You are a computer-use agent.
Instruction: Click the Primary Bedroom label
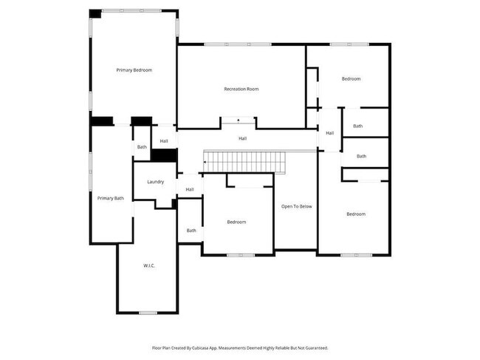(134, 70)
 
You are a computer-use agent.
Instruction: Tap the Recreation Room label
(241, 89)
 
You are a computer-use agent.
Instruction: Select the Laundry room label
(155, 182)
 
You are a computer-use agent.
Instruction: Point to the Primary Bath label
(111, 198)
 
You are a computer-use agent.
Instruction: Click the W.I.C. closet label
(148, 265)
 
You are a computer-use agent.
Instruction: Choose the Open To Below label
(297, 206)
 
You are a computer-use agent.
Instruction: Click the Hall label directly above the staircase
(242, 138)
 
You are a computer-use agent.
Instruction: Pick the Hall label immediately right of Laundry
(190, 190)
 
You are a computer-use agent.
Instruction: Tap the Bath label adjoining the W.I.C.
(191, 231)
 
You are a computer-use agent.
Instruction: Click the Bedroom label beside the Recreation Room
(351, 79)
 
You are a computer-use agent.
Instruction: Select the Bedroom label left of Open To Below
(236, 223)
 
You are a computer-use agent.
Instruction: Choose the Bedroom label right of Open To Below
(356, 214)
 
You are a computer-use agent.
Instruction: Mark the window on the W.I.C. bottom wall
(148, 313)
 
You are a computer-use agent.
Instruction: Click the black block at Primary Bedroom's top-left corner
(95, 13)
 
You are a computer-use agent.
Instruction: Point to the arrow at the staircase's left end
(205, 160)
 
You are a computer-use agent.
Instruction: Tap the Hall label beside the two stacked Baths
(329, 133)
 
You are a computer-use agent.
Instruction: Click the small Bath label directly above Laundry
(141, 147)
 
